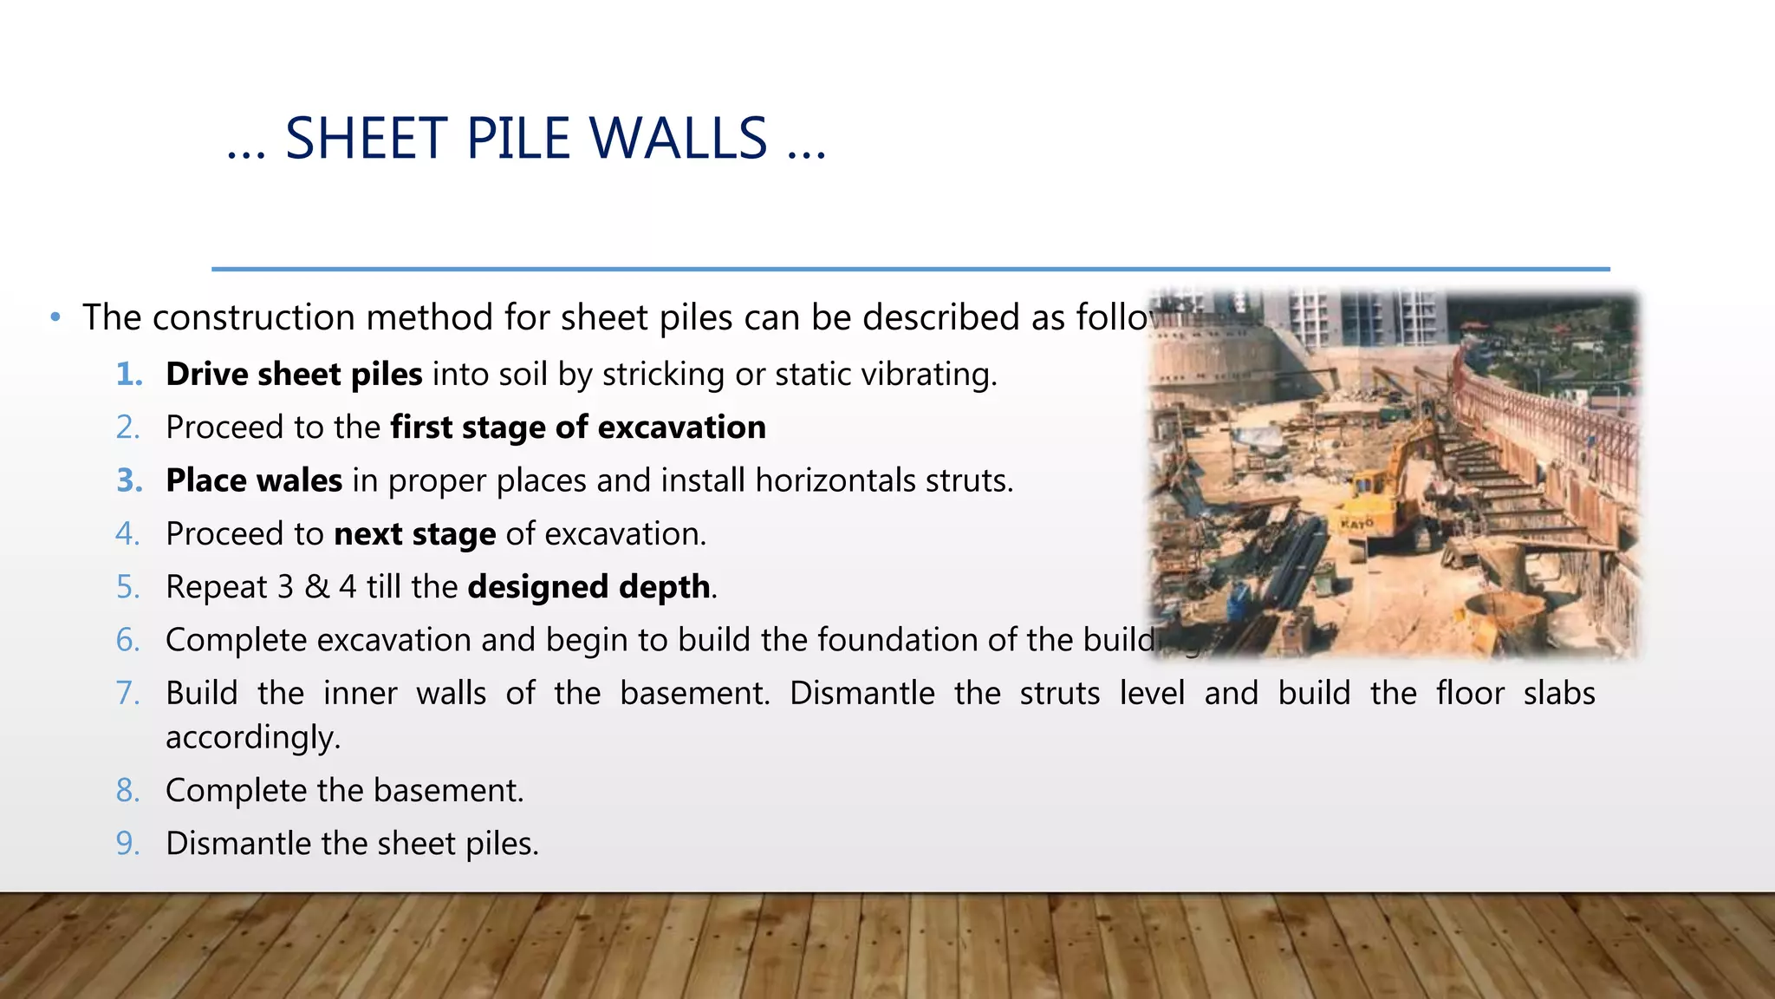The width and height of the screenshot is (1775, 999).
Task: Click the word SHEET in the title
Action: tap(365, 139)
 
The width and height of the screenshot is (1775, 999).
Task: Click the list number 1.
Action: tap(129, 375)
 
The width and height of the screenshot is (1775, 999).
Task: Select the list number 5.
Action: tap(127, 587)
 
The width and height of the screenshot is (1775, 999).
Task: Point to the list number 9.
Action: tap(127, 844)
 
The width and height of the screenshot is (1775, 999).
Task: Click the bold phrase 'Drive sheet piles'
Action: tap(294, 375)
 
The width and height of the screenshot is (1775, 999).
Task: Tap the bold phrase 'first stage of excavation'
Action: tap(578, 428)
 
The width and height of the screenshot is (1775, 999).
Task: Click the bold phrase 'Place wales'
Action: tap(254, 480)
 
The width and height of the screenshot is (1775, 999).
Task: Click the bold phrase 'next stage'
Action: tap(415, 534)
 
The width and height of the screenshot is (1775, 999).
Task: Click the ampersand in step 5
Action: tap(317, 587)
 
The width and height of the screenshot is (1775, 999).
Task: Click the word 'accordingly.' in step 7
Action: tap(253, 738)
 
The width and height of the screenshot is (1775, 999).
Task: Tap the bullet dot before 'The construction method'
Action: tap(55, 317)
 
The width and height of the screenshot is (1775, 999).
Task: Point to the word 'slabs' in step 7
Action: tap(1559, 694)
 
